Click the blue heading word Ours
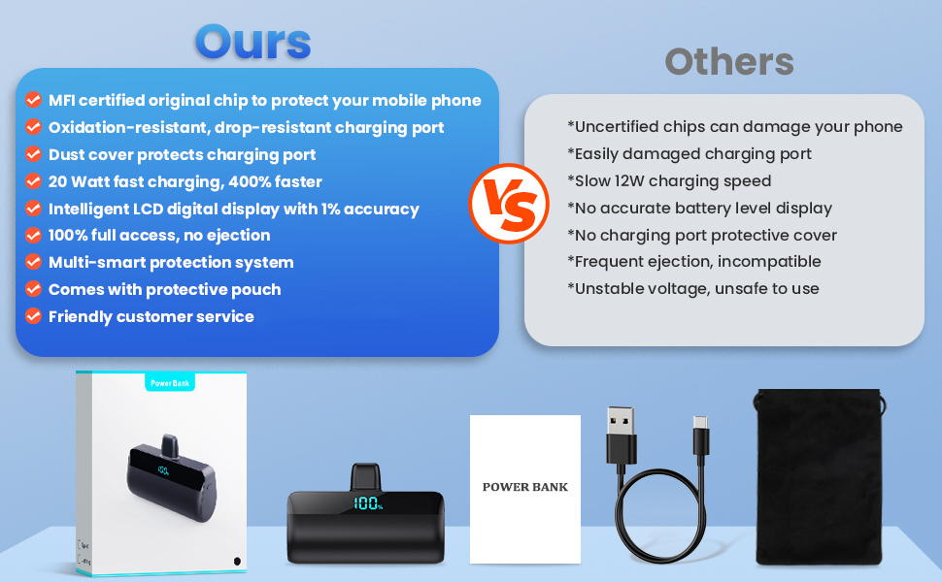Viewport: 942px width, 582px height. click(252, 42)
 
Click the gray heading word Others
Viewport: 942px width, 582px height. click(729, 62)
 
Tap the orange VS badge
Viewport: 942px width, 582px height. click(509, 204)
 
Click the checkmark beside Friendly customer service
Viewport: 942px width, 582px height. click(33, 315)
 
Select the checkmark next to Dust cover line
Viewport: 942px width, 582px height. click(33, 153)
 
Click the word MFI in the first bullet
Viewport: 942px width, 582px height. click(62, 100)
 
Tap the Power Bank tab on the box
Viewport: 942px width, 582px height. click(170, 383)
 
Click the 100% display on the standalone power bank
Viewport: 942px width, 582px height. click(368, 502)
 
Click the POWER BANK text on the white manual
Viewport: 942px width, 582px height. click(525, 487)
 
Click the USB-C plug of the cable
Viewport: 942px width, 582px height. click(701, 436)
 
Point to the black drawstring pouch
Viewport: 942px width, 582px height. click(820, 477)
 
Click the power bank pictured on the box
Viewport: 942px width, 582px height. click(171, 479)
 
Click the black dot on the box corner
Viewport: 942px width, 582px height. click(237, 561)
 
